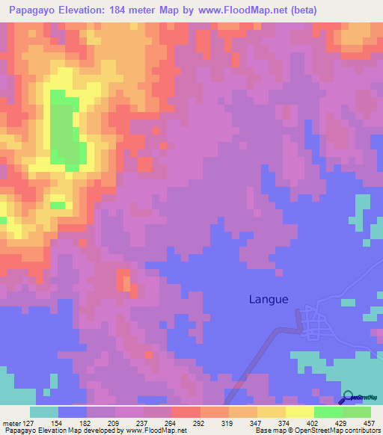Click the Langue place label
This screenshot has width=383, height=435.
tap(269, 299)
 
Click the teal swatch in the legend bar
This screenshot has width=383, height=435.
tap(44, 412)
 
